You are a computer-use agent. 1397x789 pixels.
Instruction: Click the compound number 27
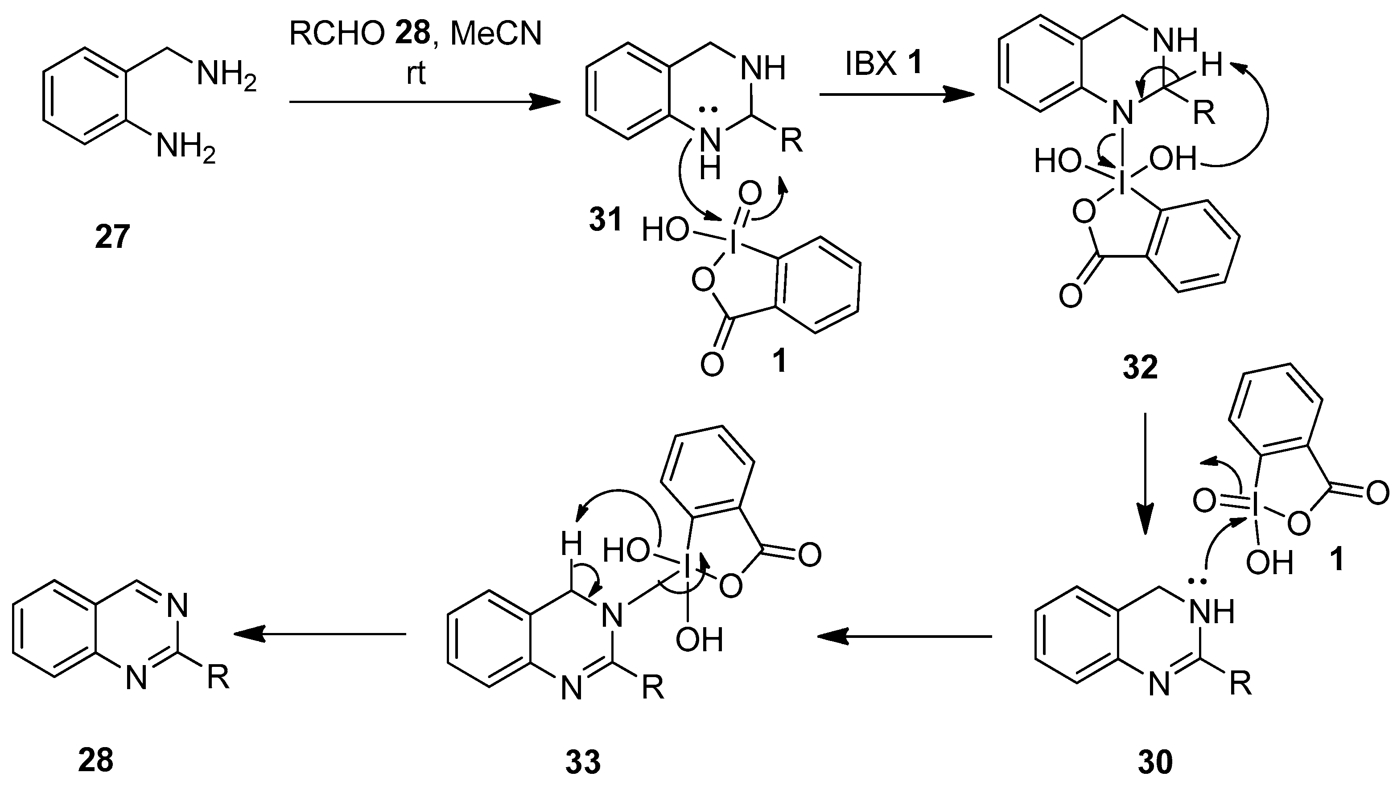(113, 238)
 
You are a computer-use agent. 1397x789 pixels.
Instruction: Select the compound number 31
(605, 221)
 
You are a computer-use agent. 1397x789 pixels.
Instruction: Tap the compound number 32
(1140, 368)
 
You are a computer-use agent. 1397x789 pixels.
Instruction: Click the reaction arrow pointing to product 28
(320, 633)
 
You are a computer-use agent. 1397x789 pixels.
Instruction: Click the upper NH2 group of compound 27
(227, 74)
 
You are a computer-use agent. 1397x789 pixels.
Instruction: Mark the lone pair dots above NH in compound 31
(707, 110)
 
